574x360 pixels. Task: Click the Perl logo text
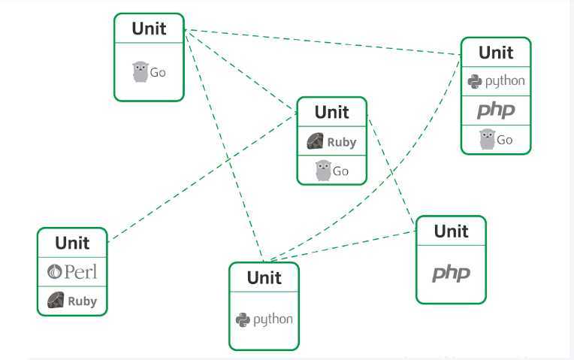click(x=73, y=271)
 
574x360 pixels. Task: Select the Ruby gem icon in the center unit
click(x=315, y=141)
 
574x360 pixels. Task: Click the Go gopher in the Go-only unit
click(x=140, y=71)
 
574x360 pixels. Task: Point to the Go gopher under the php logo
click(x=488, y=139)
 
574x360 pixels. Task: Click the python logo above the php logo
click(x=496, y=81)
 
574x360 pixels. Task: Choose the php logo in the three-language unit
click(x=496, y=110)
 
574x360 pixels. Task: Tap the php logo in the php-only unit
click(x=451, y=273)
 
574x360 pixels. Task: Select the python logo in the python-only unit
click(x=264, y=319)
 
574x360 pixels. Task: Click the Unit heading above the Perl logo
click(x=72, y=243)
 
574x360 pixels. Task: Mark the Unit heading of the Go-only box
click(x=149, y=29)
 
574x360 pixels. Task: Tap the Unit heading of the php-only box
click(x=451, y=231)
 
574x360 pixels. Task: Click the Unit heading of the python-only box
click(x=264, y=277)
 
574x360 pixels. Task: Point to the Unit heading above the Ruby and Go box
click(x=331, y=112)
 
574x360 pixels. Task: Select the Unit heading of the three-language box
click(x=496, y=53)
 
